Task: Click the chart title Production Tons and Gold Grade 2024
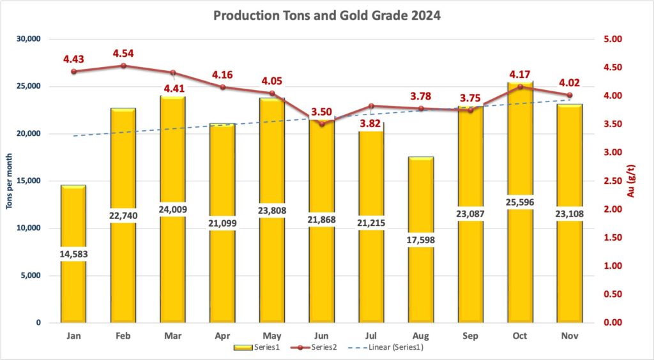click(x=326, y=16)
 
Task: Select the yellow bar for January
click(x=73, y=287)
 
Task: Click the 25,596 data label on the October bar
click(x=520, y=202)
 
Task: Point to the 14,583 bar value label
click(x=73, y=253)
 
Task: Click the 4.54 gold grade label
click(x=124, y=53)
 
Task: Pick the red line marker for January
click(x=73, y=71)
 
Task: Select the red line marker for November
click(x=569, y=95)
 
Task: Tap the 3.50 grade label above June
click(x=321, y=112)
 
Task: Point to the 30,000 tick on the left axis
click(x=28, y=39)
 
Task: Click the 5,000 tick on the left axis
click(x=31, y=276)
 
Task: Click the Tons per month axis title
click(x=9, y=181)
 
